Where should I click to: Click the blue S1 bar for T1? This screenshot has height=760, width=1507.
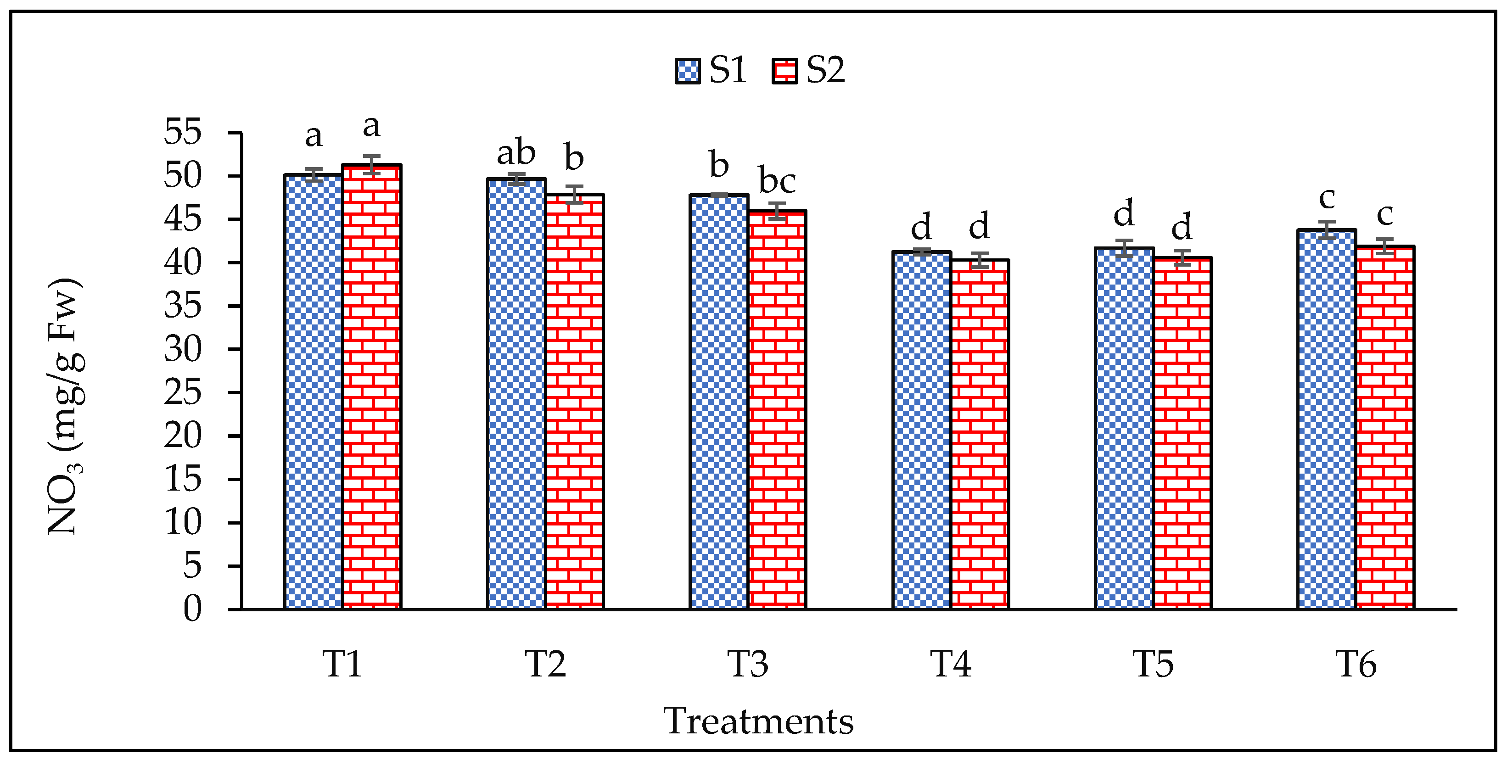click(314, 392)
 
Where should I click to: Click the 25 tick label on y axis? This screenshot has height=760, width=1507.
click(183, 392)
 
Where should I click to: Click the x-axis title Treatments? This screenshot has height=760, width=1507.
click(758, 721)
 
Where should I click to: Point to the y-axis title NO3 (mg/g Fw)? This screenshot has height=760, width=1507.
click(64, 407)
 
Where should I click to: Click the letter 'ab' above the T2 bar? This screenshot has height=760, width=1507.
click(516, 153)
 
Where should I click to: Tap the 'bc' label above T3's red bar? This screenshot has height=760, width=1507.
click(777, 180)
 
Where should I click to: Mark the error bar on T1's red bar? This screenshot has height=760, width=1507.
click(371, 165)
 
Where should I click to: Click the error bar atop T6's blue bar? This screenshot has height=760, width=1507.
click(1326, 230)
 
